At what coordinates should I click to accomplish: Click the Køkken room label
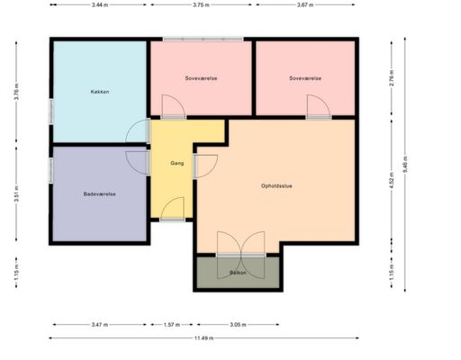pyautogui.click(x=100, y=92)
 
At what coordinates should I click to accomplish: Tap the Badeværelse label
pyautogui.click(x=99, y=194)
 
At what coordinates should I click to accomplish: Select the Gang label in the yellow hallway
pyautogui.click(x=177, y=163)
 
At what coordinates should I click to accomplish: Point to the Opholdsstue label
pyautogui.click(x=276, y=186)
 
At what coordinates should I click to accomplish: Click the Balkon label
pyautogui.click(x=238, y=273)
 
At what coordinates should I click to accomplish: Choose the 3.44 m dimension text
pyautogui.click(x=100, y=4)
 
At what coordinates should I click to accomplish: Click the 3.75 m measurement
pyautogui.click(x=201, y=4)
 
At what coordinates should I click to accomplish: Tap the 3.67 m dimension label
pyautogui.click(x=305, y=4)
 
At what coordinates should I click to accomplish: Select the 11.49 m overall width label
pyautogui.click(x=203, y=338)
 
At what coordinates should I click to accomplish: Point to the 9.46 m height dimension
pyautogui.click(x=405, y=165)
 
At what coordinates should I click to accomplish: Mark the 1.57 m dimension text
pyautogui.click(x=172, y=325)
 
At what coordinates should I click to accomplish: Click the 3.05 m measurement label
pyautogui.click(x=238, y=325)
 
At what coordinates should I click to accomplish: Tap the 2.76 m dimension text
pyautogui.click(x=392, y=78)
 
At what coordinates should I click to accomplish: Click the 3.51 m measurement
pyautogui.click(x=16, y=193)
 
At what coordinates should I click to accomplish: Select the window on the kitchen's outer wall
pyautogui.click(x=51, y=112)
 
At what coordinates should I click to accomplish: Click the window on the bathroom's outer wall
pyautogui.click(x=51, y=170)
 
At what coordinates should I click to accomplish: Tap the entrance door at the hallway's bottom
pyautogui.click(x=172, y=209)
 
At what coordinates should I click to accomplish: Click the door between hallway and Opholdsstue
pyautogui.click(x=205, y=166)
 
